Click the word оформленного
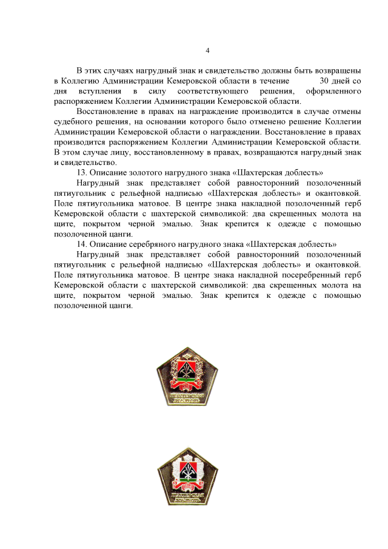tap(333, 90)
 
